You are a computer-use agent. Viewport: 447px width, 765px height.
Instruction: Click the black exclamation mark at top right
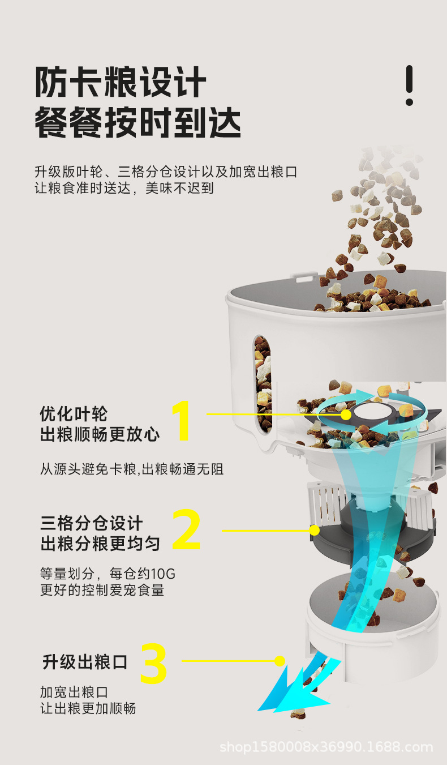pyautogui.click(x=409, y=85)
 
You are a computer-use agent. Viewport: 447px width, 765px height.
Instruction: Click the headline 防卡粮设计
pyautogui.click(x=120, y=83)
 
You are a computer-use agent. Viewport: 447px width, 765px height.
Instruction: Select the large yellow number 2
pyautogui.click(x=186, y=531)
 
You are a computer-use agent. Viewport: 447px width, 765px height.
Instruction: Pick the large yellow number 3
pyautogui.click(x=153, y=663)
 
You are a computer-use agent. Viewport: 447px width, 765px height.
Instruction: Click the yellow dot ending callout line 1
pyautogui.click(x=345, y=414)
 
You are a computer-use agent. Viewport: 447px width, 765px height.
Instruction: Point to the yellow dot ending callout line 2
pyautogui.click(x=315, y=531)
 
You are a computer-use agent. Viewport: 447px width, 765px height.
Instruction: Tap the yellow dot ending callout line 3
pyautogui.click(x=280, y=660)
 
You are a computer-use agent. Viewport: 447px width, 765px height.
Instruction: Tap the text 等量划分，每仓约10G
pyautogui.click(x=108, y=573)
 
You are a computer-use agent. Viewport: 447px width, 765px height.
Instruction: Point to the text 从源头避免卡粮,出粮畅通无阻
pyautogui.click(x=131, y=469)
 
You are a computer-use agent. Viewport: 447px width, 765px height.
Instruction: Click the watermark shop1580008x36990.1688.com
pyautogui.click(x=326, y=747)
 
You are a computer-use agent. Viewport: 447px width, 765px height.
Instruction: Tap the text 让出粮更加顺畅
pyautogui.click(x=88, y=708)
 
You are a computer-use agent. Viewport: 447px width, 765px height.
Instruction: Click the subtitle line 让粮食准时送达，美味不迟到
pyautogui.click(x=124, y=188)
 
